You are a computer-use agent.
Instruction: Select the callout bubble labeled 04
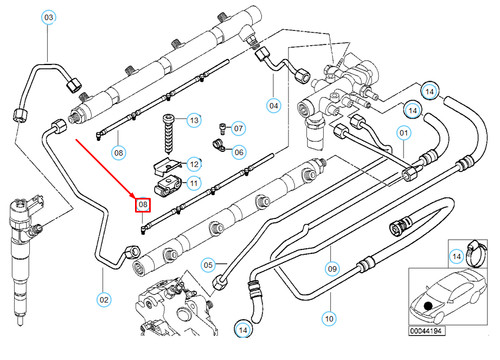[x=273, y=104]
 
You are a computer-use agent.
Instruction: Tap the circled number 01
[x=405, y=133]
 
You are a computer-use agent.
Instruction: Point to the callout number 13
[x=195, y=121]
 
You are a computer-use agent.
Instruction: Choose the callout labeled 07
[x=238, y=128]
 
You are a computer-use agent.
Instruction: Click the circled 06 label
[x=238, y=152]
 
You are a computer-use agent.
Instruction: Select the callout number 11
[x=195, y=183]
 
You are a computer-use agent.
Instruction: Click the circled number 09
[x=333, y=268]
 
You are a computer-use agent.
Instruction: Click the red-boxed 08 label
[x=143, y=205]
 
